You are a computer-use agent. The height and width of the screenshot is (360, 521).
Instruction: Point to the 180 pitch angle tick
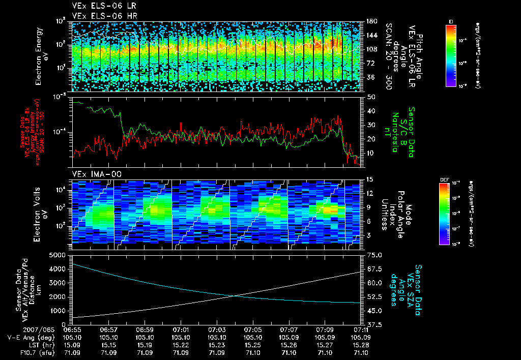pos(370,21)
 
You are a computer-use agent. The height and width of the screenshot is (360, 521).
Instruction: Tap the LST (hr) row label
pos(41,344)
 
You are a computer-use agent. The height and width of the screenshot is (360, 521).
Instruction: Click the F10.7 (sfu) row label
pos(37,351)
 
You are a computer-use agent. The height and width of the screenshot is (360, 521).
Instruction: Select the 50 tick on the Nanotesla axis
pos(370,97)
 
